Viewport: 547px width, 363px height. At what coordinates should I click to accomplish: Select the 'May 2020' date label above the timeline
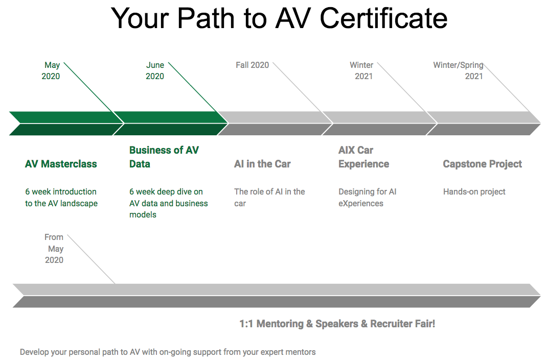(x=51, y=70)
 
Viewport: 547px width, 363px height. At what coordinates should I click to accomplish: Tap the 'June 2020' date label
(x=155, y=70)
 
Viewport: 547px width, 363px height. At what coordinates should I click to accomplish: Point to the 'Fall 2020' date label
(x=252, y=65)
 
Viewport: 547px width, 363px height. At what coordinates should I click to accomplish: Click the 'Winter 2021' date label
(x=361, y=70)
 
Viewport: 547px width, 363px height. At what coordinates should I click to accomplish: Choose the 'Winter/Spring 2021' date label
(x=458, y=70)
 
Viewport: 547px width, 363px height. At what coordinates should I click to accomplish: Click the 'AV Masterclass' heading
(x=61, y=164)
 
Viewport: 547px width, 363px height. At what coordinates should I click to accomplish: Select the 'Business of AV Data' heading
(x=164, y=157)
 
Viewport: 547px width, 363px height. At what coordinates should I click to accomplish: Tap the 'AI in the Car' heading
(x=262, y=164)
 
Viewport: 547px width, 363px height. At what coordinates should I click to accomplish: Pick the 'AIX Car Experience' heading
(x=364, y=157)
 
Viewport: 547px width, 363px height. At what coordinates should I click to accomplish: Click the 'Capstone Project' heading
(x=483, y=164)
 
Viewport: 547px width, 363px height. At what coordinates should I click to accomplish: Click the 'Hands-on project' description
(x=474, y=191)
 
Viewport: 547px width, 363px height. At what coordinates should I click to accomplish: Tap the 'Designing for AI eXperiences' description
(x=368, y=198)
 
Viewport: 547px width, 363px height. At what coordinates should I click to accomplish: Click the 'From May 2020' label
(x=54, y=249)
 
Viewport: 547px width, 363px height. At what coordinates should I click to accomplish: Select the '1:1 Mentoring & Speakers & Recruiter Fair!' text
(x=337, y=324)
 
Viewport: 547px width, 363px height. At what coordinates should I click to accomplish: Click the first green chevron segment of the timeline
(x=66, y=124)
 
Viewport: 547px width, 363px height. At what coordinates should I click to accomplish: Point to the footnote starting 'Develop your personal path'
(x=168, y=352)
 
